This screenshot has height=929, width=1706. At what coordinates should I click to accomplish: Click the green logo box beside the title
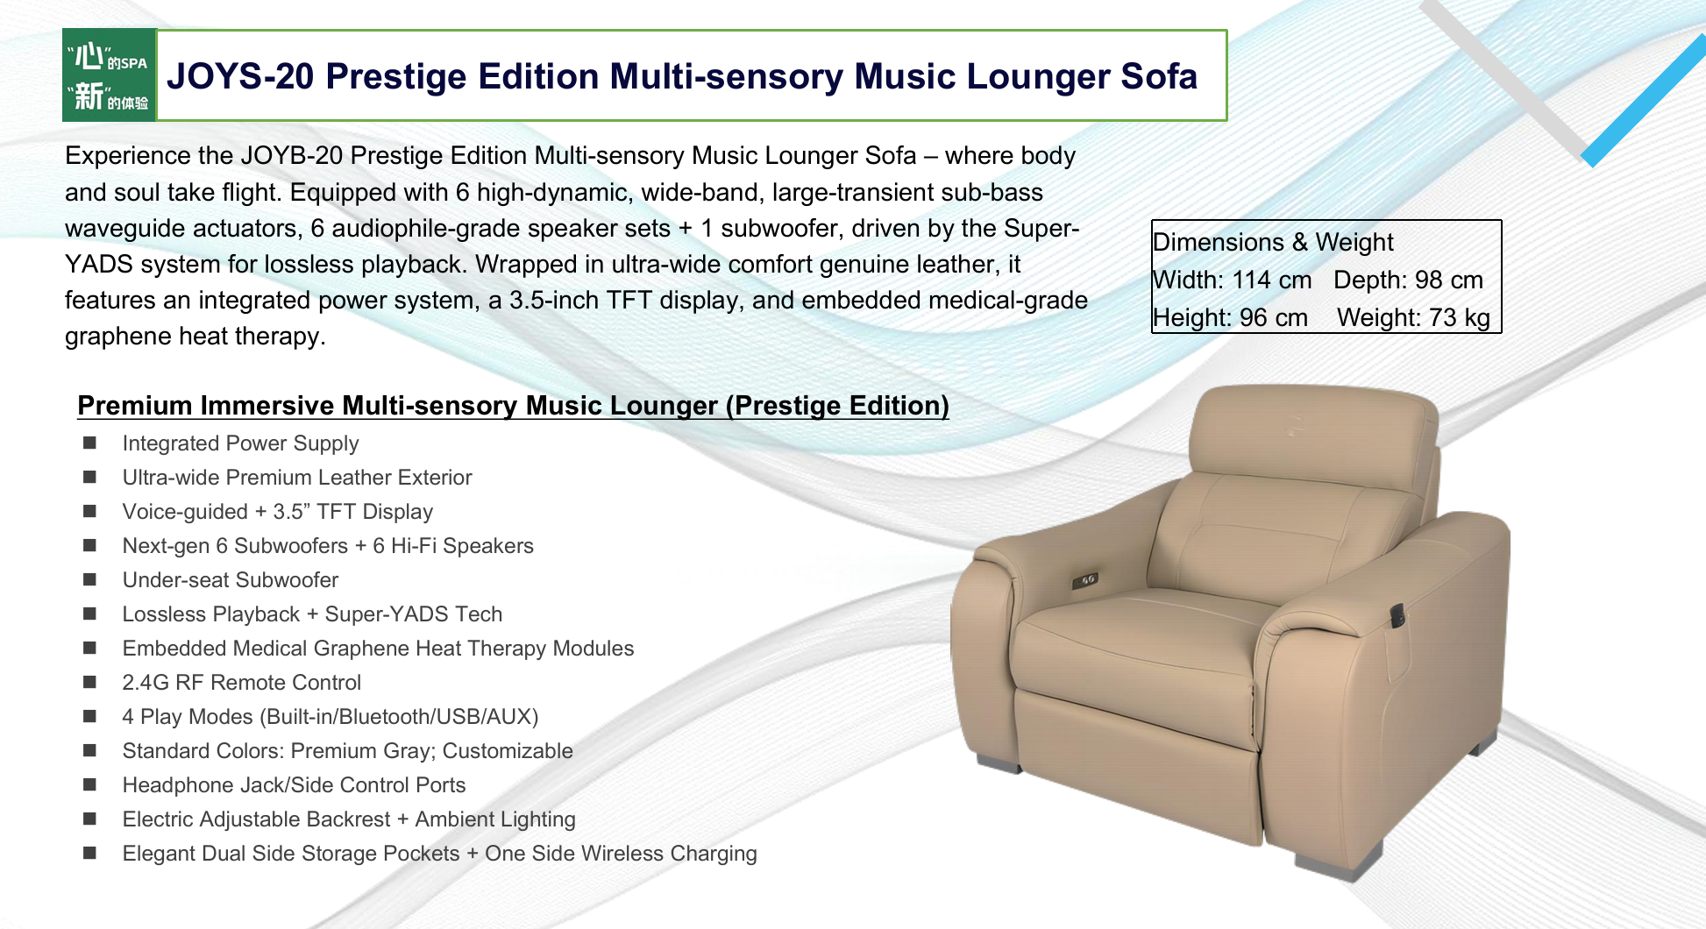coord(110,75)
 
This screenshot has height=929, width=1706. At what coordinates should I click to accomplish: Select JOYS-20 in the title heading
coord(240,76)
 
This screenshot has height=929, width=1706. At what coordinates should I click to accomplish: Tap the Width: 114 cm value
coord(1232,280)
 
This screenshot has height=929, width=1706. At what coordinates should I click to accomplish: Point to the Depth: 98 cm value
coord(1409,280)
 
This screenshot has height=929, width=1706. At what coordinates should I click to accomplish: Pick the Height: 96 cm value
coord(1230,317)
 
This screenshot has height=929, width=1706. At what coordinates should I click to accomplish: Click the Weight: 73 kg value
coord(1413,317)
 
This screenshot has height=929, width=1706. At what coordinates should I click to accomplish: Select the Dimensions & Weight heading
coord(1273,242)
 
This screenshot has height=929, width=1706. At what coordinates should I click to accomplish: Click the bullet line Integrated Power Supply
coord(240,443)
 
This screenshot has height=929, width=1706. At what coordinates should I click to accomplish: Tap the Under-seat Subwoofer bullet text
coord(230,580)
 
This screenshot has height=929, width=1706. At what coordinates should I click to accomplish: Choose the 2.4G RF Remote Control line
coord(241,683)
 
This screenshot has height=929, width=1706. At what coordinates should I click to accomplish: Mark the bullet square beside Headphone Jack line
coord(89,784)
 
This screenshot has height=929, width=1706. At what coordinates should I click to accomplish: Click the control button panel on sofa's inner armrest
coord(1084,580)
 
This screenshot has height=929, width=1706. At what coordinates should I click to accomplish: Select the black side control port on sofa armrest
coord(1397,615)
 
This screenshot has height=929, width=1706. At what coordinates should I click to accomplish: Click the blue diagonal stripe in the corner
coord(1644,101)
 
